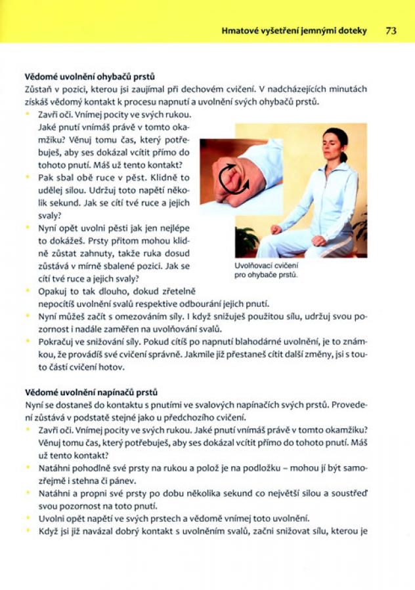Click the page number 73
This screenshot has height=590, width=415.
pyautogui.click(x=392, y=30)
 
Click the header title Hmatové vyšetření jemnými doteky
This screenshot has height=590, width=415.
pyautogui.click(x=295, y=30)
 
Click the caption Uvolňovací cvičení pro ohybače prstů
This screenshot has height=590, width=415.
pyautogui.click(x=266, y=271)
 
